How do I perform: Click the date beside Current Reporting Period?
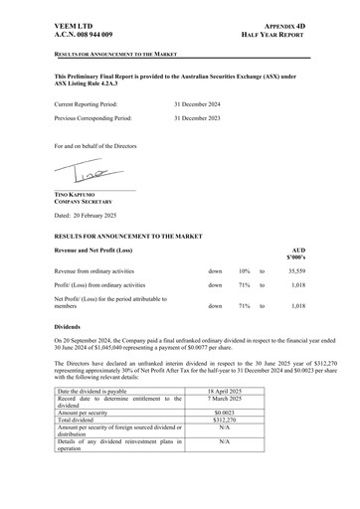click(201, 103)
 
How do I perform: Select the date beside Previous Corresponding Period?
click(201, 118)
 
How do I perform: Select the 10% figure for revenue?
click(244, 270)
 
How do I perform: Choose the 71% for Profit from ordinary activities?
click(244, 286)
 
